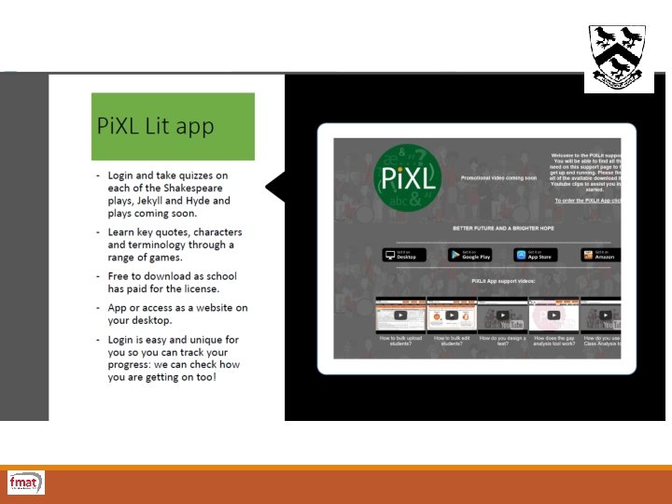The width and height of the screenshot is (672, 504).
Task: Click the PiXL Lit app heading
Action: click(x=156, y=126)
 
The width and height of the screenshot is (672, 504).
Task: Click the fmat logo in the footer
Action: click(x=25, y=483)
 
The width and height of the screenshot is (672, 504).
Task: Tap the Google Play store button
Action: click(x=469, y=255)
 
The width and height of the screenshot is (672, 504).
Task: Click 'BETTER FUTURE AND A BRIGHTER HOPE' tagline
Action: click(x=503, y=228)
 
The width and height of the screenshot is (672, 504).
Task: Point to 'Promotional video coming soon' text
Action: click(x=498, y=176)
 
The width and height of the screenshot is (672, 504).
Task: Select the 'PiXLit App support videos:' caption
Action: click(x=503, y=280)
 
